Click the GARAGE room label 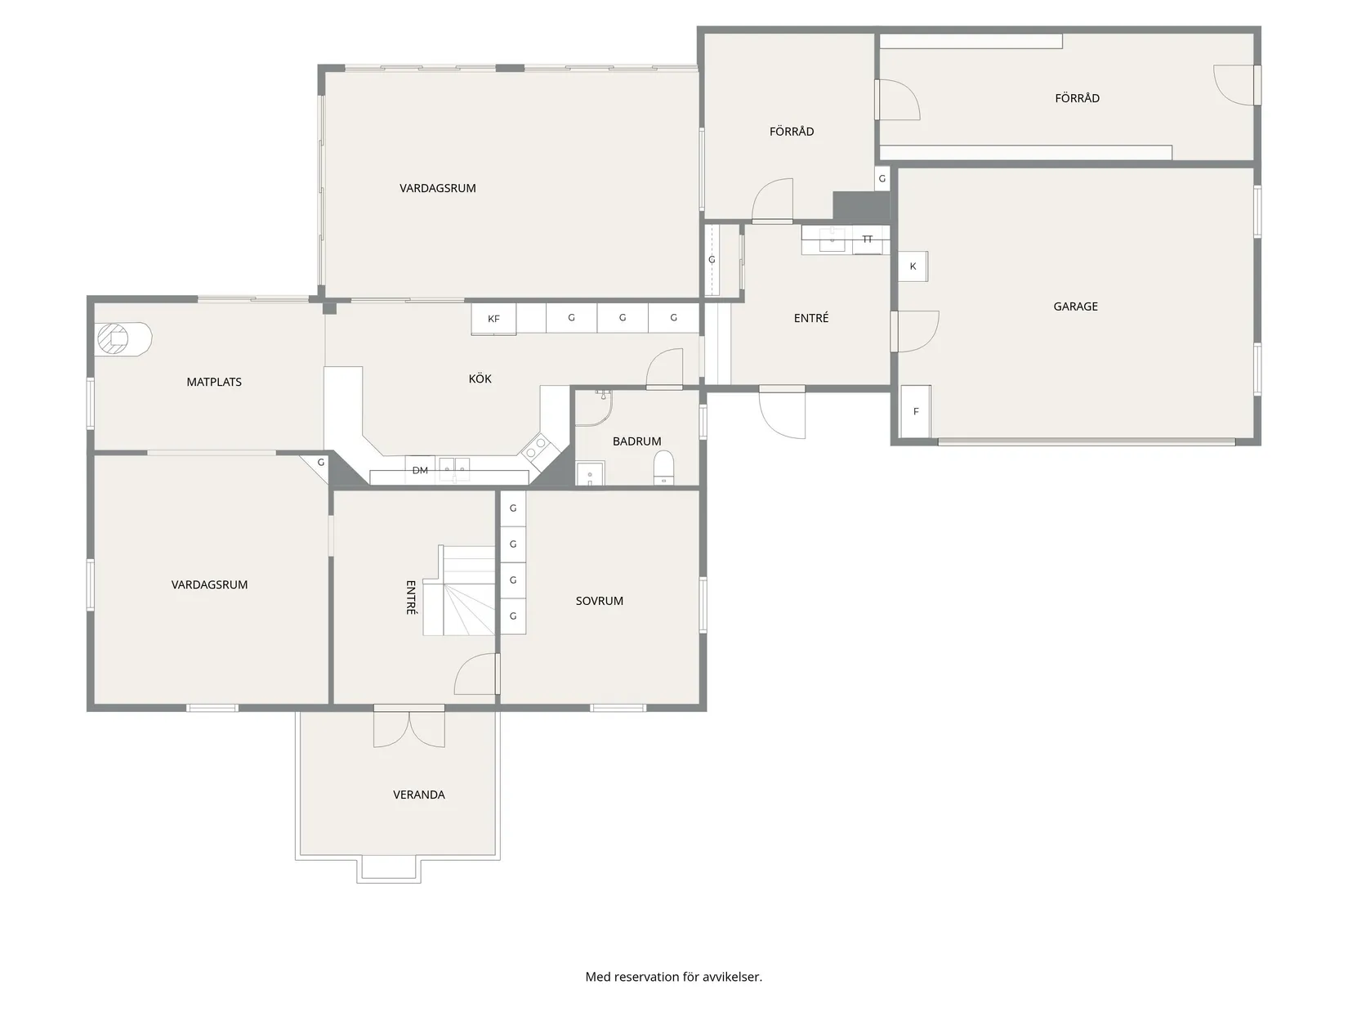pos(1074,306)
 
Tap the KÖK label pos(480,378)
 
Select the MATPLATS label pos(214,382)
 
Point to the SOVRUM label pos(599,601)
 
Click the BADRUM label pos(636,441)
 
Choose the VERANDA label pos(418,795)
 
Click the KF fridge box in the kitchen pos(493,319)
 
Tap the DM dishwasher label pos(420,471)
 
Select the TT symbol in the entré pos(867,240)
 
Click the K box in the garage pos(913,266)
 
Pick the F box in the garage pos(916,411)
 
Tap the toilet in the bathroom pos(663,467)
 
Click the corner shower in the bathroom pos(593,408)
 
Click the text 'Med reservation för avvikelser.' pos(673,976)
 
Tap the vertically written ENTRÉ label pos(411,598)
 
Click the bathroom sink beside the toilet pos(590,473)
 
